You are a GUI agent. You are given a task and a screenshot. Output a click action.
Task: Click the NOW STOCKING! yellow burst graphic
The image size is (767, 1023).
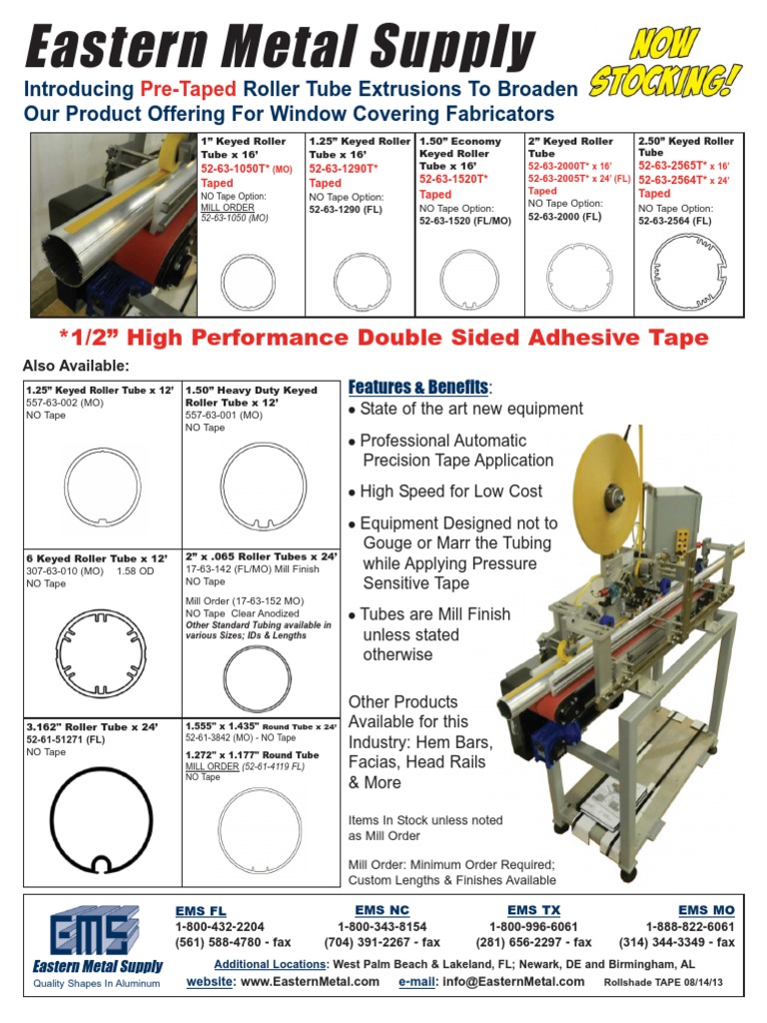pyautogui.click(x=668, y=63)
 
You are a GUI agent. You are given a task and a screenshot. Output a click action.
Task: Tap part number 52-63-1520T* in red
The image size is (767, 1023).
pyautogui.click(x=454, y=180)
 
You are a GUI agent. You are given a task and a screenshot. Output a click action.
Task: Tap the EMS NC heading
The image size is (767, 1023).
pyautogui.click(x=382, y=910)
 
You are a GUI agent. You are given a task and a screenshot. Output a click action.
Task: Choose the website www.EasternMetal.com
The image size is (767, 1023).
pyautogui.click(x=311, y=981)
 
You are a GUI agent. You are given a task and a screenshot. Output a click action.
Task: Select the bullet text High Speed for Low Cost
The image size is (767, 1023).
pyautogui.click(x=450, y=492)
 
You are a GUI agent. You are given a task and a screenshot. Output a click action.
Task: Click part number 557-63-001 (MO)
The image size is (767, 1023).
pyautogui.click(x=224, y=414)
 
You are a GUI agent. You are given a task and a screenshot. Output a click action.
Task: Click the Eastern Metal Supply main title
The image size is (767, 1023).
pyautogui.click(x=281, y=50)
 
